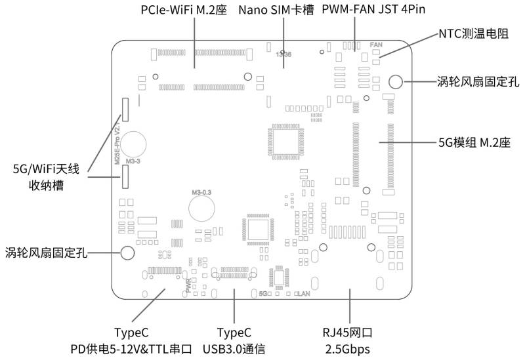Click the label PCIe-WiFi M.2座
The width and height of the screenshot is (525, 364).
click(x=183, y=11)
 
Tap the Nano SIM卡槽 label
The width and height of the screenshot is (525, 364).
click(x=276, y=11)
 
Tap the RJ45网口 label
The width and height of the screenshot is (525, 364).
click(x=350, y=333)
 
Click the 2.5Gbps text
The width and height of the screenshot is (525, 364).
click(x=350, y=349)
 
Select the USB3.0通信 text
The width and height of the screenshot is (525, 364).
click(x=234, y=349)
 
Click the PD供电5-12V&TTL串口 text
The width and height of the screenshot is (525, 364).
click(x=135, y=349)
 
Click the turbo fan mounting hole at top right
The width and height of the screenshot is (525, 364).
click(x=396, y=81)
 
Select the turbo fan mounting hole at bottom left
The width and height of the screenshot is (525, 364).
click(x=127, y=253)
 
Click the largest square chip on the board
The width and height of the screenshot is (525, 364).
click(x=283, y=140)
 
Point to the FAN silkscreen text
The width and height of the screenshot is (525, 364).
click(x=376, y=45)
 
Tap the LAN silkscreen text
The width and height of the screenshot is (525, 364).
click(x=304, y=294)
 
